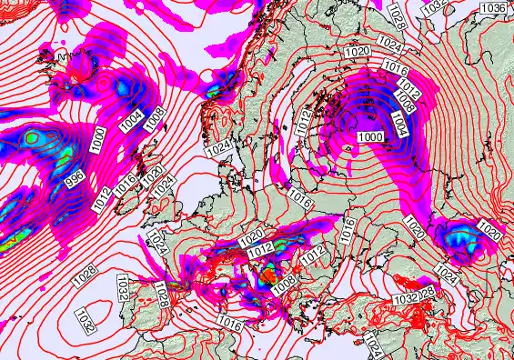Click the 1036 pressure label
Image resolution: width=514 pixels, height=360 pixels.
coord(494,7)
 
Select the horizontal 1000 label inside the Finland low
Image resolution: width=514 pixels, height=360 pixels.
coord(370,136)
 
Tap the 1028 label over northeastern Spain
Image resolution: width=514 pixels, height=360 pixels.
coord(162,295)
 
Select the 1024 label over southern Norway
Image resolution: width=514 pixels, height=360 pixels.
coord(218,146)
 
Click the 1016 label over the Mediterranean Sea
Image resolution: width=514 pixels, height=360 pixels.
coord(229,324)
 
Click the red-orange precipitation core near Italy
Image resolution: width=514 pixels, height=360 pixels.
coord(267,273)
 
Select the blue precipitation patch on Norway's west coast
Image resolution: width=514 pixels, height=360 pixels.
coord(216,91)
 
